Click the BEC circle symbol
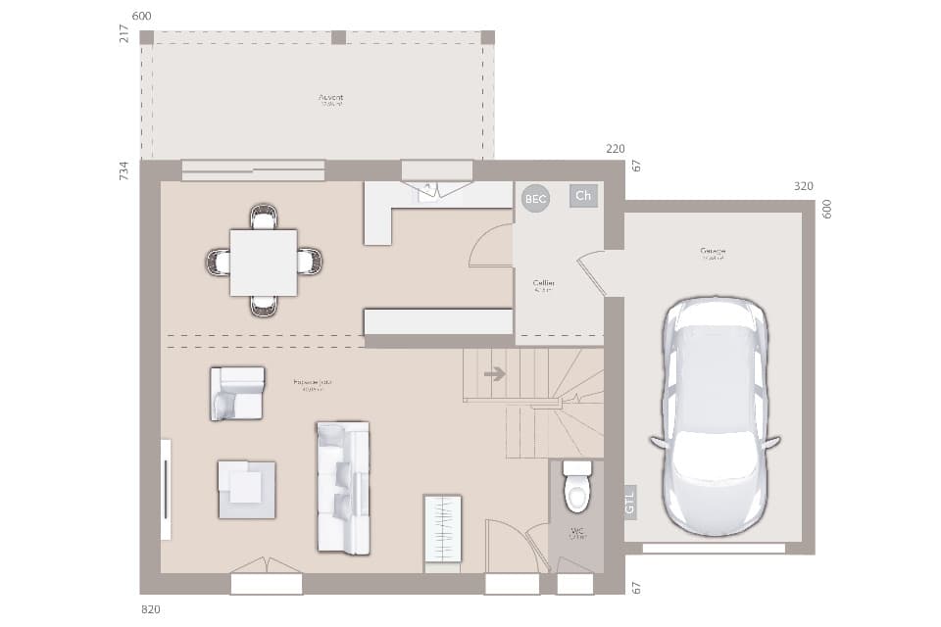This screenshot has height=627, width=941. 535,198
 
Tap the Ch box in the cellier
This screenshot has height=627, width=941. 583,196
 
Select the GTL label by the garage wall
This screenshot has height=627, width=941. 629,502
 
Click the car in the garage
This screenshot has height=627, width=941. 715,415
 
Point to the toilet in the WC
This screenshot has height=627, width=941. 577,486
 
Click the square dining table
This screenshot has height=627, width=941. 264,263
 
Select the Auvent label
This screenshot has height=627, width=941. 331,98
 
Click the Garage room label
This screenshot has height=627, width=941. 713,252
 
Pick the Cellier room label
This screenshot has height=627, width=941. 544,283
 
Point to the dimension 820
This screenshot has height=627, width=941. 151,609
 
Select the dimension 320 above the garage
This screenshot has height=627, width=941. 804,185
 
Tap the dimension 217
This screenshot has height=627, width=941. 124,33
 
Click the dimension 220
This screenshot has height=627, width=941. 615,149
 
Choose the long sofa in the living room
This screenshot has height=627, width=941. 343,487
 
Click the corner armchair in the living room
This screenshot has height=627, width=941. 237,393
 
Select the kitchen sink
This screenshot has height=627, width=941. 429,193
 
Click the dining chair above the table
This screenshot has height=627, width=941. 264,217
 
